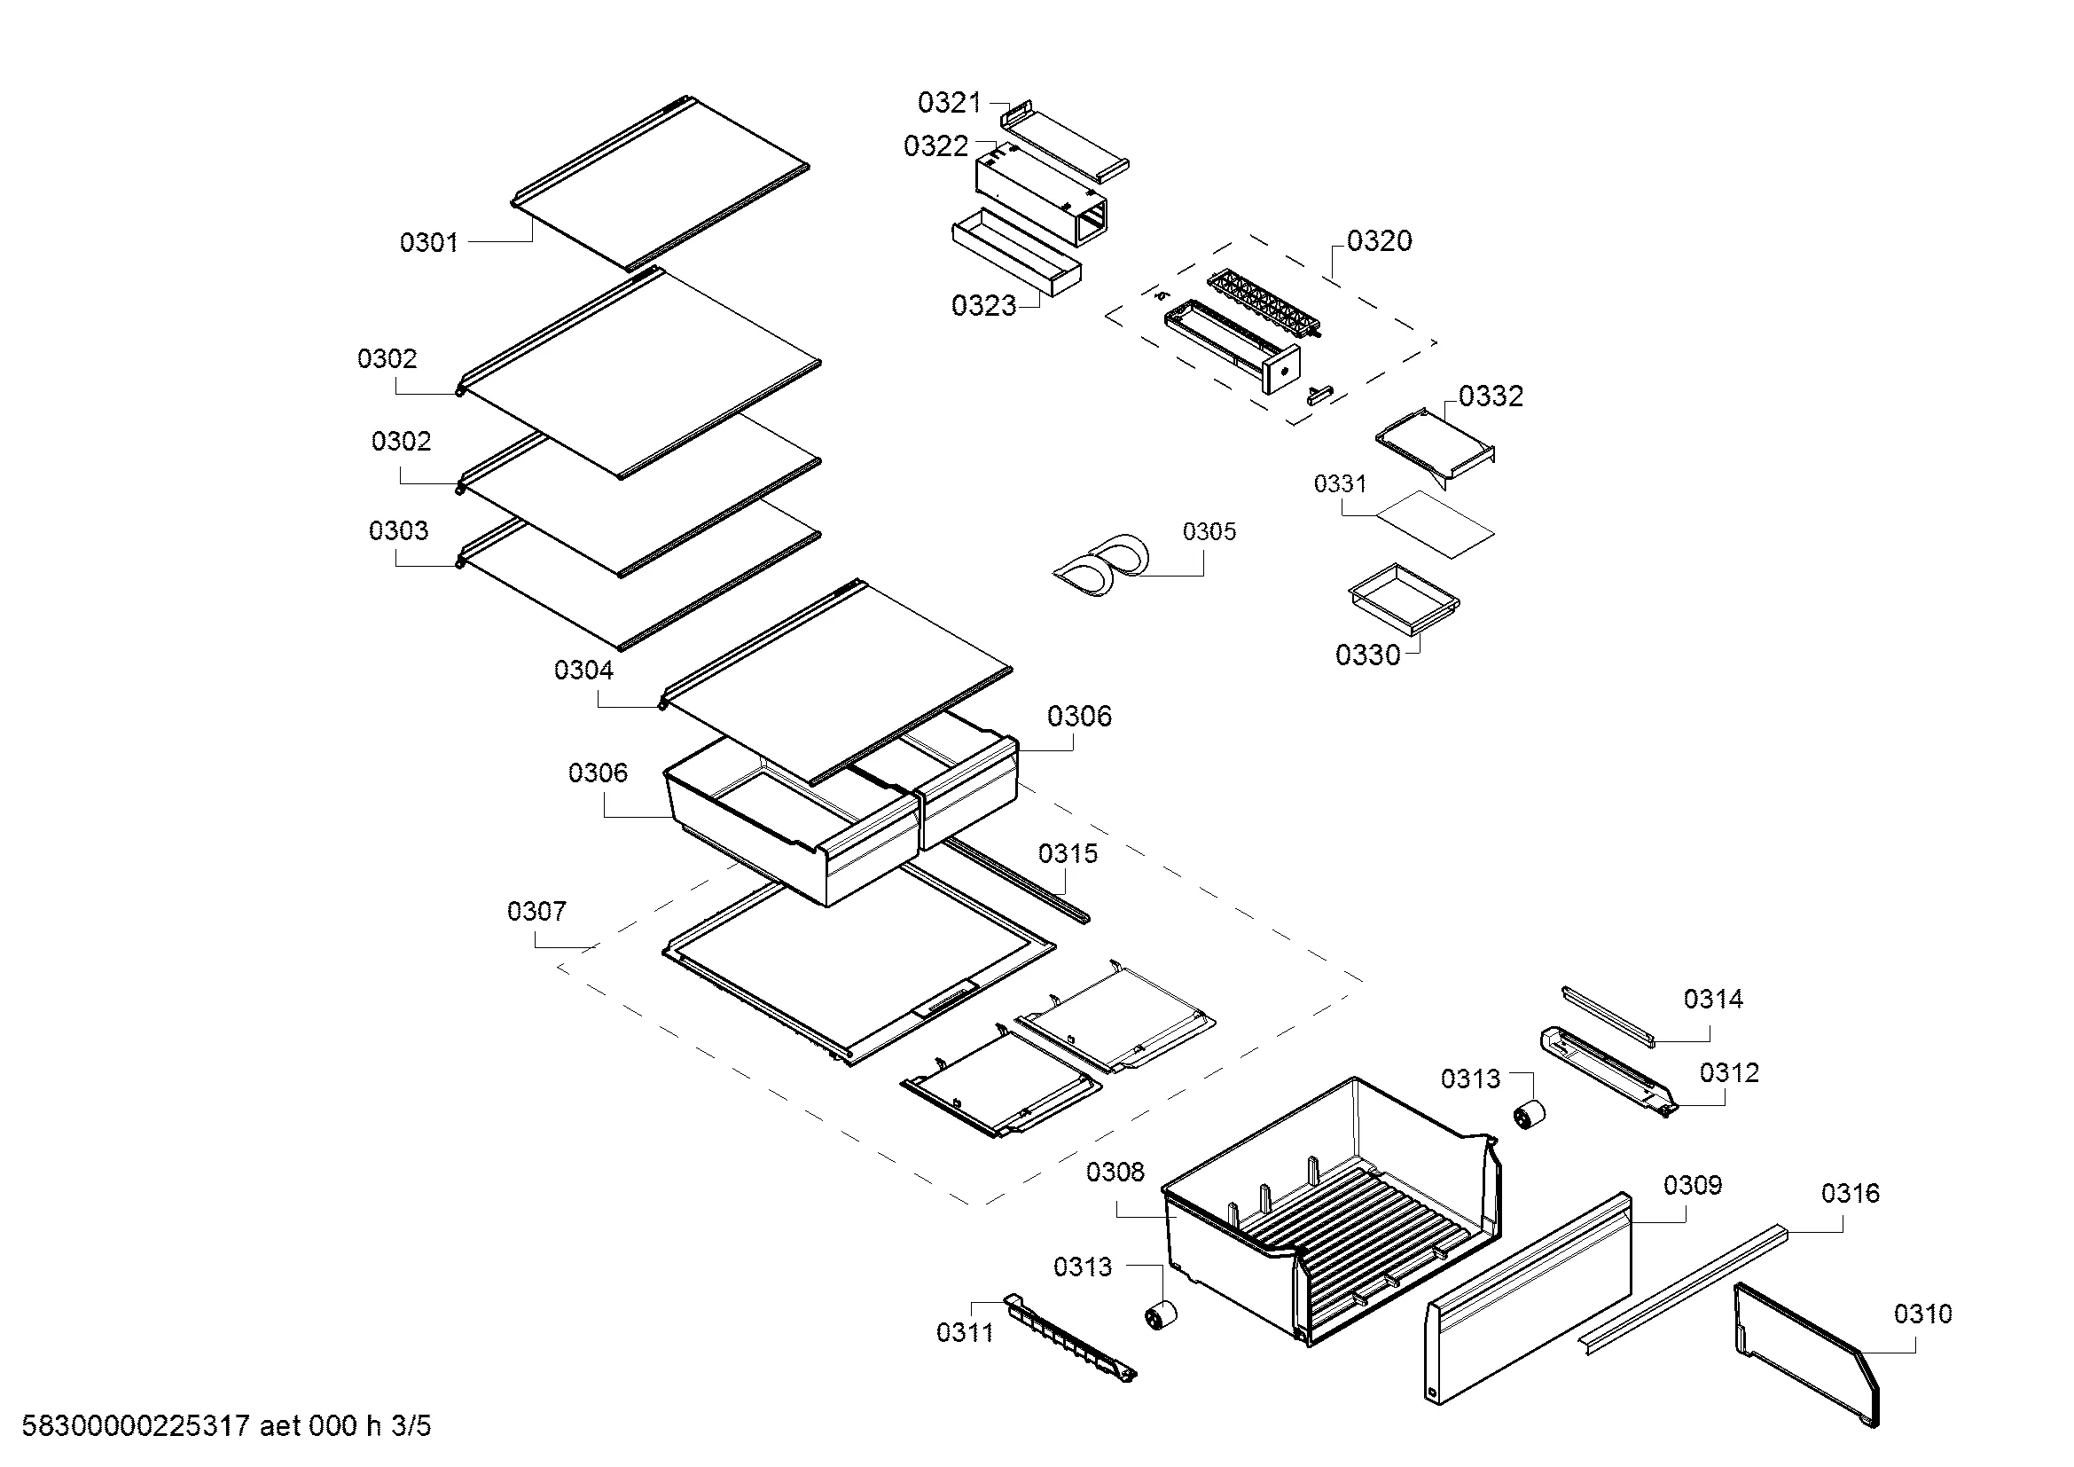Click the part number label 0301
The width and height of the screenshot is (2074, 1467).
tap(429, 242)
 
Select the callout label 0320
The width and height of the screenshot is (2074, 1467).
tap(1380, 240)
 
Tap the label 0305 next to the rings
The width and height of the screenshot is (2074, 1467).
tap(1209, 531)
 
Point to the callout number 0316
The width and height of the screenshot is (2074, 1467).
tap(1850, 1193)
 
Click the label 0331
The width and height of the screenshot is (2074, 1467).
tap(1341, 484)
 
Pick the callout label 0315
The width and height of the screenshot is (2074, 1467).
tap(1068, 853)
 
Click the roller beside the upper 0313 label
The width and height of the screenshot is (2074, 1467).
tap(1530, 1116)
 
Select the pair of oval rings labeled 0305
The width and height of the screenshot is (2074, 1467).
tap(1101, 566)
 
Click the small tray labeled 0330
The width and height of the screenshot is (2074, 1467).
tap(1404, 598)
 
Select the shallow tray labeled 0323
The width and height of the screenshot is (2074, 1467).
tap(1016, 253)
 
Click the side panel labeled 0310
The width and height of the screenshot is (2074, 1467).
tap(1805, 1354)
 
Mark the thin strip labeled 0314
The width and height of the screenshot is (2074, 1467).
tap(1608, 1016)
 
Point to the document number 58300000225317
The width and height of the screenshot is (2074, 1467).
tap(136, 1426)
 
